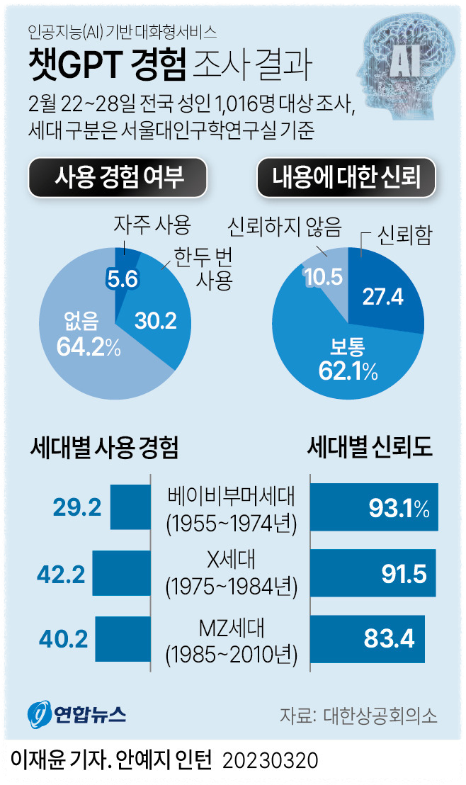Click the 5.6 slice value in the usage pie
[122, 279]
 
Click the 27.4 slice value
[382, 297]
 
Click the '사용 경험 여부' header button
[119, 177]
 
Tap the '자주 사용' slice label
[152, 225]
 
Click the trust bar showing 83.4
[368, 639]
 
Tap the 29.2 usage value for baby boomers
[77, 507]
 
